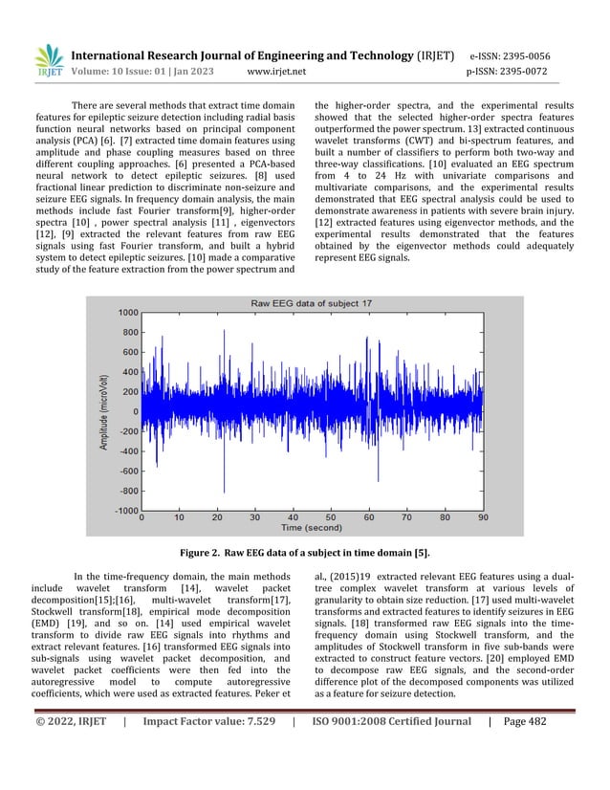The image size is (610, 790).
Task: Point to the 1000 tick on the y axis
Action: click(126, 312)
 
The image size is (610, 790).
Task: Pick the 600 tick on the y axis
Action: click(129, 352)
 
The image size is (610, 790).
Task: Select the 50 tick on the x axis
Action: click(331, 517)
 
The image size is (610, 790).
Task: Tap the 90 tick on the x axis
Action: click(481, 517)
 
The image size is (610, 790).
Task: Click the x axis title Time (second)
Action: click(311, 527)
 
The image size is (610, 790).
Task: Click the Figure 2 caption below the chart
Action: click(305, 553)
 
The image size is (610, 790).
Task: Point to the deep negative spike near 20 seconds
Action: click(223, 483)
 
